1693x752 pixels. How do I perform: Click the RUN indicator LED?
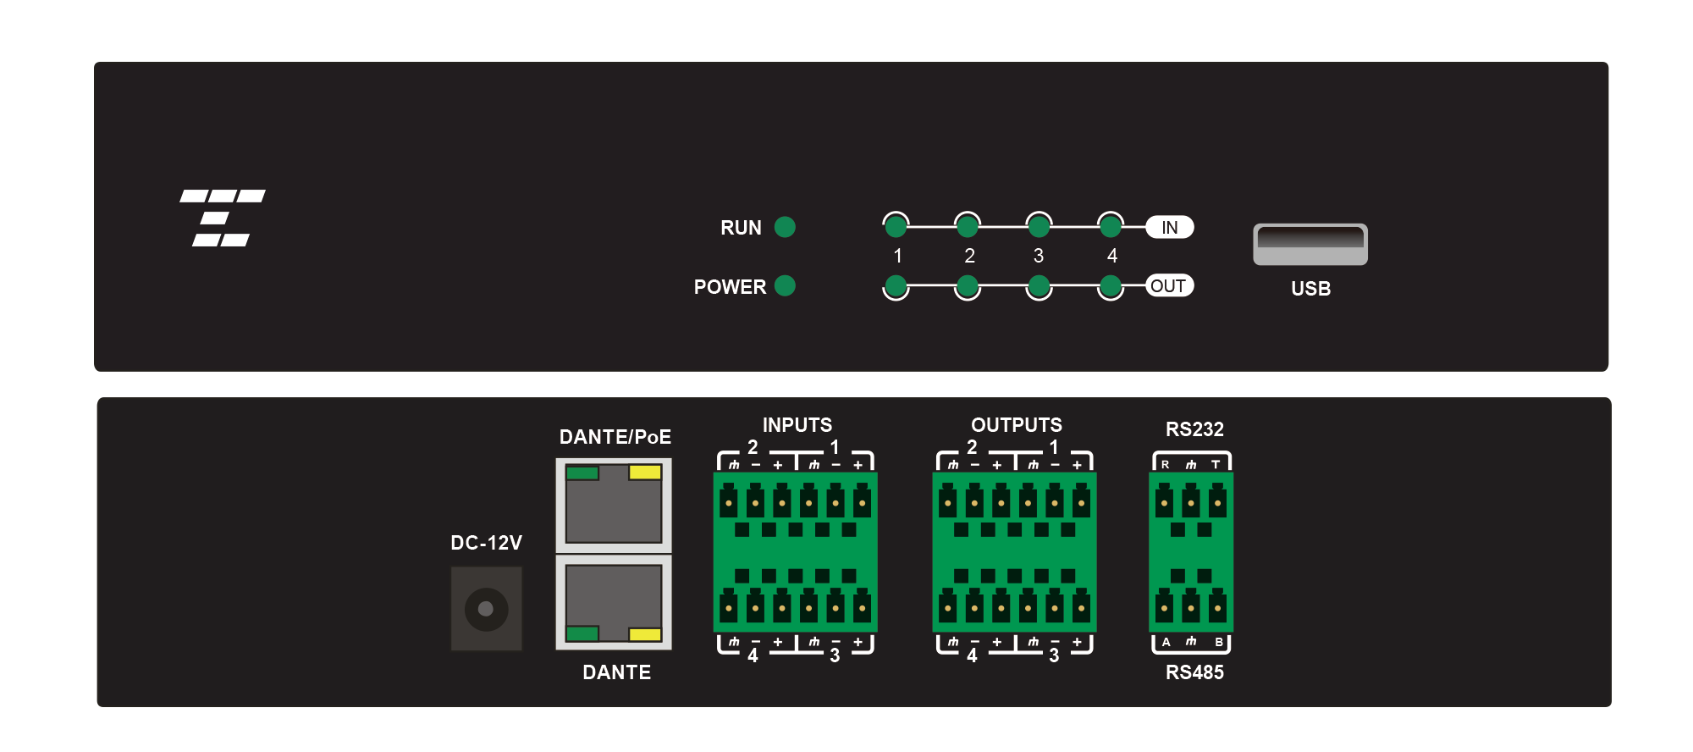[x=785, y=227]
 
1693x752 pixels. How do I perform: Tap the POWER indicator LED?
[x=785, y=286]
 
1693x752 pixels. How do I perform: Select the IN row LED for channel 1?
[x=896, y=226]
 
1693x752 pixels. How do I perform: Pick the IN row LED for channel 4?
[x=1111, y=226]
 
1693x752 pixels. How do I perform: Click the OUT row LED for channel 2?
[x=968, y=286]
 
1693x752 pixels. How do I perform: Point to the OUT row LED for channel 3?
[x=1039, y=286]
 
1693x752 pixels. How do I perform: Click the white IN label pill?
[x=1170, y=227]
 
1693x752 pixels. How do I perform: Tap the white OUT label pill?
[x=1170, y=286]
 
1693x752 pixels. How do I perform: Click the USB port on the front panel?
[x=1310, y=244]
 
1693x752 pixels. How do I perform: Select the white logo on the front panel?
[x=223, y=218]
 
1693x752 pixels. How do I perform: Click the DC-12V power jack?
[x=486, y=609]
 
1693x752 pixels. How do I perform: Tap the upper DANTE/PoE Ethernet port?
[x=614, y=506]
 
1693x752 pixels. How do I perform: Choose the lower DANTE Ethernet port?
[x=614, y=602]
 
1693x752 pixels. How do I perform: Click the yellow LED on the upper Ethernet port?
[x=645, y=473]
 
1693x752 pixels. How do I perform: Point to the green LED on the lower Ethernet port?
[x=582, y=633]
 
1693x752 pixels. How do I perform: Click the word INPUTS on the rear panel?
[x=797, y=425]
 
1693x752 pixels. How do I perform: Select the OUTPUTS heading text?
[x=1017, y=425]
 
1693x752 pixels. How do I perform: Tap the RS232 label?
[x=1194, y=429]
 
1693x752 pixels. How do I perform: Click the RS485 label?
[x=1194, y=672]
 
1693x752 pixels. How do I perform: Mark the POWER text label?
[x=730, y=287]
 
